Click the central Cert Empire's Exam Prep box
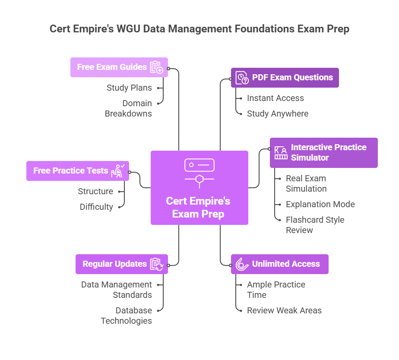pos(199,188)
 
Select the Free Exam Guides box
pos(119,67)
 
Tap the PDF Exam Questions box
pos(285,78)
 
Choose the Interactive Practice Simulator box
pos(323,153)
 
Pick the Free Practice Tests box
pos(77,171)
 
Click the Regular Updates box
pos(121,264)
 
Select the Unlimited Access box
pos(279,264)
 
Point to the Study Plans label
pos(129,88)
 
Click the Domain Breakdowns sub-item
pos(129,108)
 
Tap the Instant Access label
pos(275,98)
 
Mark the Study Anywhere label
pos(277,114)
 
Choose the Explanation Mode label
pos(320,205)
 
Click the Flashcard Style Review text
pos(315,225)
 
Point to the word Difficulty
pos(96,207)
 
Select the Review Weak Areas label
pos(284,311)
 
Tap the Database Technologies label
pos(127,316)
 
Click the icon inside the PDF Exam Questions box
pos(242,78)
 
